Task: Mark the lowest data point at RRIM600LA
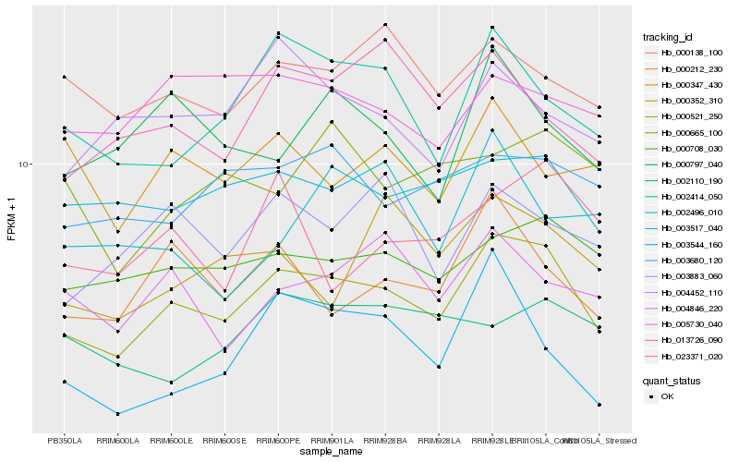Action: (117, 414)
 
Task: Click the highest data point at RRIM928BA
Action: (385, 24)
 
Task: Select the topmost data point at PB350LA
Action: (65, 77)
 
